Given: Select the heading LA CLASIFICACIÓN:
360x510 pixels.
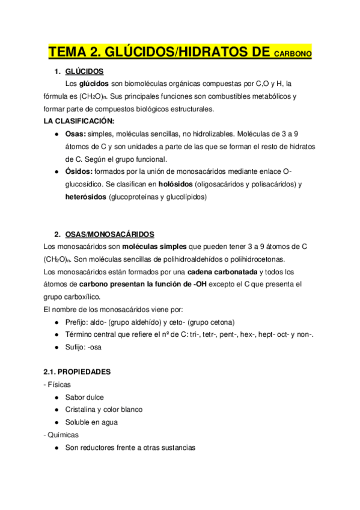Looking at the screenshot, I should (79, 121).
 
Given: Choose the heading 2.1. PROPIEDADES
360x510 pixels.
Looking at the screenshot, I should (77, 372).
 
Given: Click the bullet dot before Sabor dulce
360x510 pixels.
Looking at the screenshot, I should (56, 398).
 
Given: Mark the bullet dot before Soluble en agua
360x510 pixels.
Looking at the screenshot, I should (56, 422).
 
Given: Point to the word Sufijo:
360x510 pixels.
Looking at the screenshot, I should (76, 347).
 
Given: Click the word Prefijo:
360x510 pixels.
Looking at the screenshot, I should (78, 322).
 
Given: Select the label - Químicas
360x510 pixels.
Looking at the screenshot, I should (61, 435).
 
